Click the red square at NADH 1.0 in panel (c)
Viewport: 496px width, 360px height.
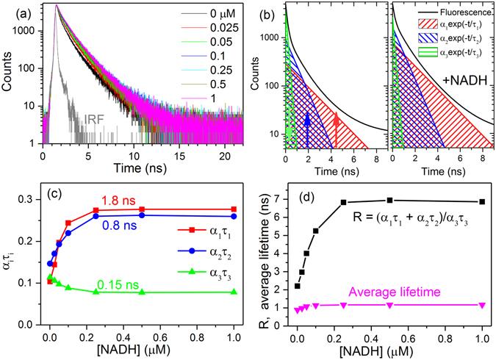[234, 209]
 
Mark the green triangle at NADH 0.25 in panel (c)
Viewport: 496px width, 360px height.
[96, 292]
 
